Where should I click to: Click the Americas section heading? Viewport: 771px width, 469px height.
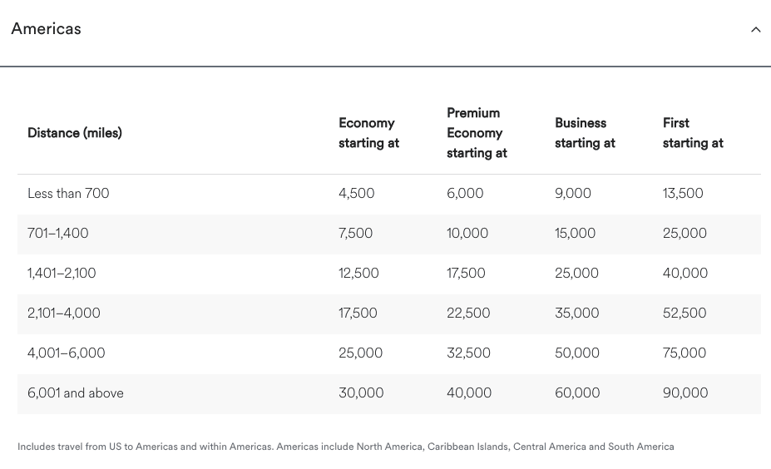click(x=47, y=29)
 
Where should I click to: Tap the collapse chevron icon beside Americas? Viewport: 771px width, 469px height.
click(x=755, y=30)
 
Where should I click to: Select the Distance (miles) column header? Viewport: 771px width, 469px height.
click(x=75, y=133)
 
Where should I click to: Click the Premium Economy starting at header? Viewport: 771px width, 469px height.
click(x=477, y=133)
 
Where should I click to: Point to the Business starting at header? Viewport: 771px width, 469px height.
click(x=585, y=133)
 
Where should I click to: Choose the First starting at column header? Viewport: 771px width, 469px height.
click(x=693, y=133)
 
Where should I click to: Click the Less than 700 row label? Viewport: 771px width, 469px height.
click(x=68, y=194)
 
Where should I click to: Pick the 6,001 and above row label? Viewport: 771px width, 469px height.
click(x=76, y=393)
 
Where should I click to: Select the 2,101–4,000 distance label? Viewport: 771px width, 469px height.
click(x=64, y=313)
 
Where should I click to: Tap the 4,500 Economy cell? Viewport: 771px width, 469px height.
click(x=357, y=194)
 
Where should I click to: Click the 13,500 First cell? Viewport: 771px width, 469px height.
click(x=683, y=194)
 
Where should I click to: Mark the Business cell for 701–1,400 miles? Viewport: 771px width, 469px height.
click(x=576, y=234)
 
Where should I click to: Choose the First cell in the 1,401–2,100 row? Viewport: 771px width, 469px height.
click(x=685, y=274)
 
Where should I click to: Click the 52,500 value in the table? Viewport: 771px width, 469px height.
click(x=685, y=313)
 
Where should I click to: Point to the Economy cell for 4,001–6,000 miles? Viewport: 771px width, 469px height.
click(x=361, y=353)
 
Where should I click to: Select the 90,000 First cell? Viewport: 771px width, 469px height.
click(x=685, y=393)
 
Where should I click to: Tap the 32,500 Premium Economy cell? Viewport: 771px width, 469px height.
click(x=468, y=353)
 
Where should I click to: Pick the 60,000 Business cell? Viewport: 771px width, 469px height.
click(x=577, y=393)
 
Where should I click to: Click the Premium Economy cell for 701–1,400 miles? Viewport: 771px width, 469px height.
click(x=467, y=234)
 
